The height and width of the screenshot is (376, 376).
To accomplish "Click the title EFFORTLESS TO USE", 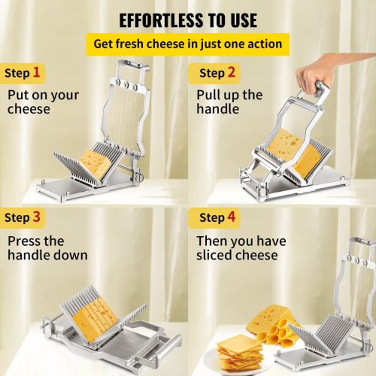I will (x=188, y=20).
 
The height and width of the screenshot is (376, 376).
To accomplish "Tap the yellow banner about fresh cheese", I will (x=188, y=44).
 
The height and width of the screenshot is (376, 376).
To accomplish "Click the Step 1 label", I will (x=23, y=73).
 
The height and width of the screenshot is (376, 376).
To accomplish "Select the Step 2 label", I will (x=217, y=73).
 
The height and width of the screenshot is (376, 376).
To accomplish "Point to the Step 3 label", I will (x=23, y=218).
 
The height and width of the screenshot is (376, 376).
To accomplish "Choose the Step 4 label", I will (x=217, y=218).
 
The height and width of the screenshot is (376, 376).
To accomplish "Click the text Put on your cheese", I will (x=43, y=102).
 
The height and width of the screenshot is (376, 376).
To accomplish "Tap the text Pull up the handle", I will (x=229, y=102).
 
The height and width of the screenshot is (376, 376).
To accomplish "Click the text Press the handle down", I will (x=47, y=248).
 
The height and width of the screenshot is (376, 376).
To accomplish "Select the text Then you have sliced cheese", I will (x=241, y=248).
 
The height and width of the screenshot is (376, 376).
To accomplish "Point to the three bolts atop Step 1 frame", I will (x=126, y=86).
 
